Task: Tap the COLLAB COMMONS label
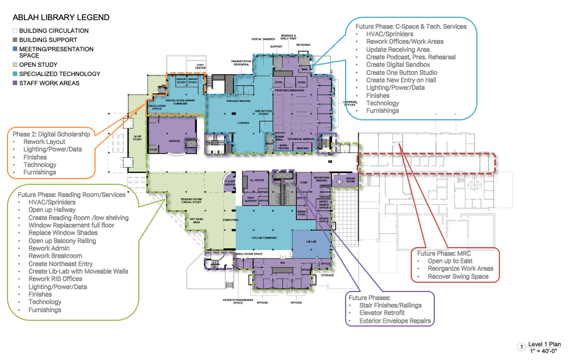pyautogui.click(x=262, y=237)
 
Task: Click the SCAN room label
pyautogui.click(x=301, y=82)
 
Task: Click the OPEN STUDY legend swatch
pyautogui.click(x=15, y=65)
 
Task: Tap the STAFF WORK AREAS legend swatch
pyautogui.click(x=15, y=84)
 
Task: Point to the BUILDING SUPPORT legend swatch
pyautogui.click(x=15, y=40)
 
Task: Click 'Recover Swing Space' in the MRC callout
pyautogui.click(x=458, y=276)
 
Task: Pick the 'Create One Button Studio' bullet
pyautogui.click(x=401, y=73)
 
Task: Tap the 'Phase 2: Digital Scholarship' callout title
pyautogui.click(x=51, y=134)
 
